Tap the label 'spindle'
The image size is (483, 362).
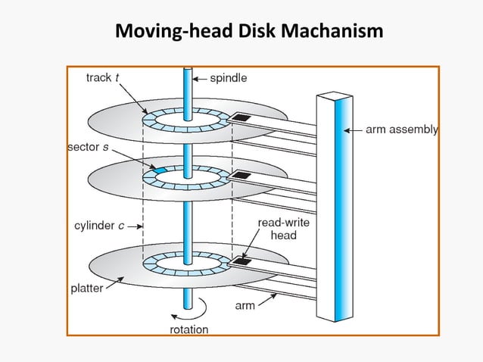[228, 76]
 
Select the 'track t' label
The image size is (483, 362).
[104, 76]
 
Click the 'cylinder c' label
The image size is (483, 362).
[98, 226]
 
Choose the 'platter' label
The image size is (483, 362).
[87, 289]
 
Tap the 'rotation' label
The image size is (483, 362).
[187, 329]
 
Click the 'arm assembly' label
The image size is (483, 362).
[402, 130]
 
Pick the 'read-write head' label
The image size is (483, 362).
[278, 229]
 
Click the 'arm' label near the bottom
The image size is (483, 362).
[245, 306]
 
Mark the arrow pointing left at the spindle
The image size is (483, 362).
[199, 77]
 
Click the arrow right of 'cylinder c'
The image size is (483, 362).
[136, 226]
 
